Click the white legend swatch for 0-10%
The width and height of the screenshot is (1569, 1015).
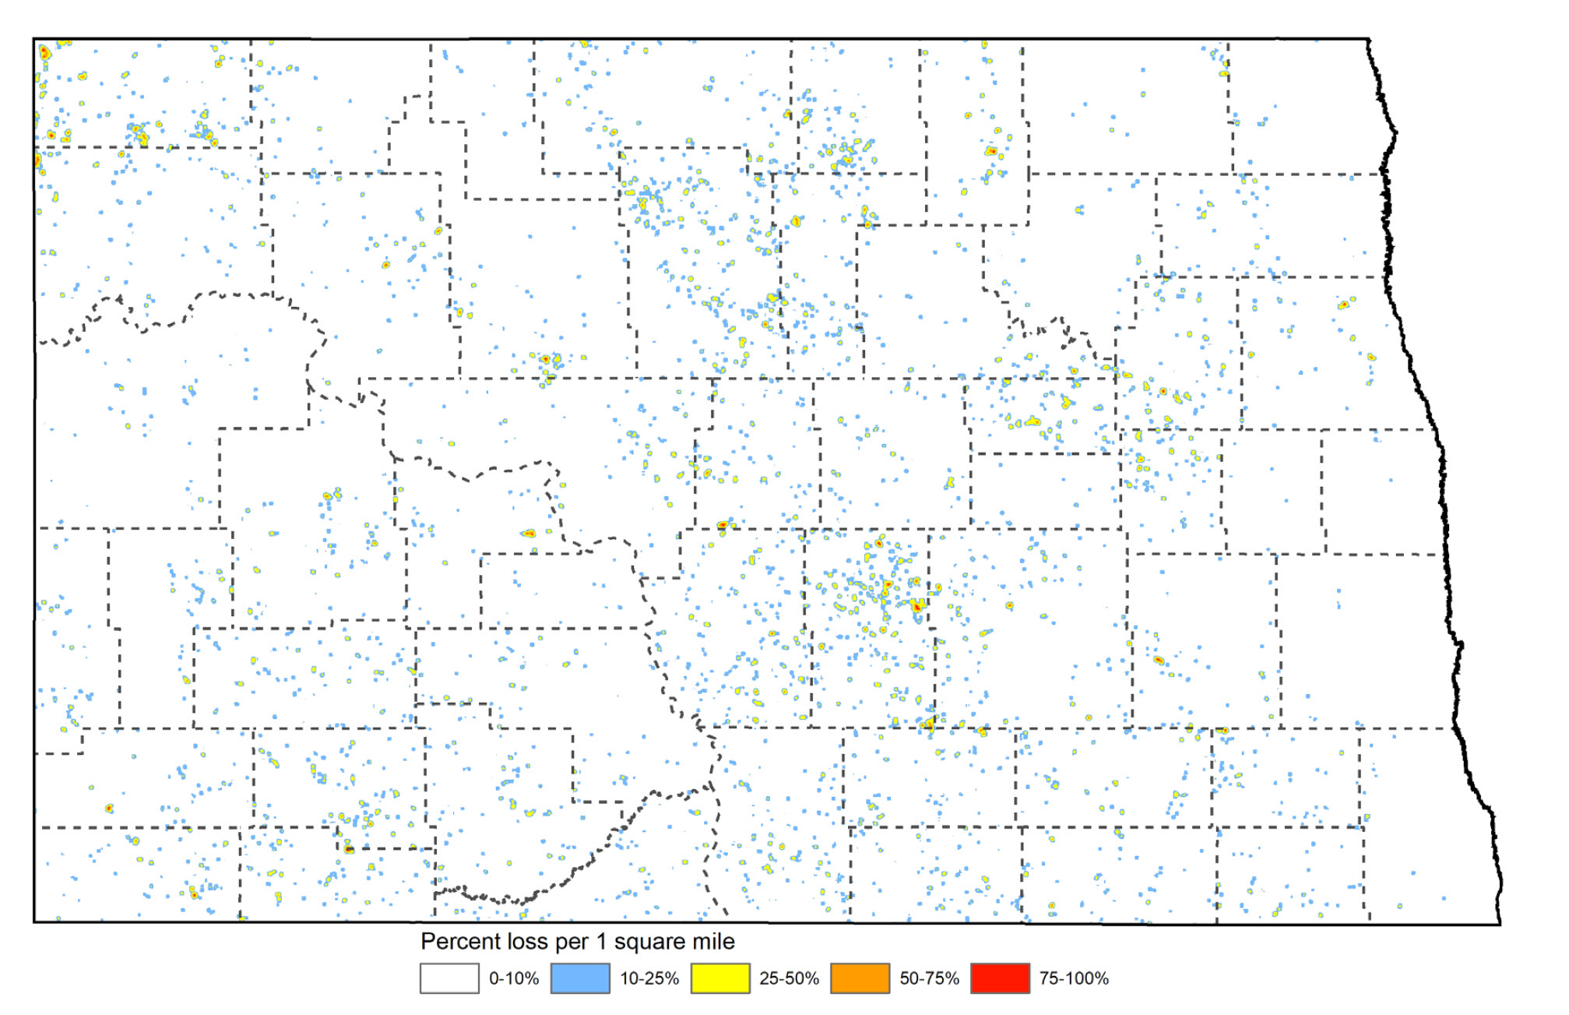pos(449,978)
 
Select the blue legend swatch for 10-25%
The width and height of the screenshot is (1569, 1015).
pos(580,978)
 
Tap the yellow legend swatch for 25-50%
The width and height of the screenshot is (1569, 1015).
pos(720,978)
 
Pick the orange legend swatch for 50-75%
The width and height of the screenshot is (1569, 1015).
pos(860,978)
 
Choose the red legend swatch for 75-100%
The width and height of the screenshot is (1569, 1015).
pos(1000,978)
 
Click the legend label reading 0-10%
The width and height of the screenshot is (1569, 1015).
pos(514,978)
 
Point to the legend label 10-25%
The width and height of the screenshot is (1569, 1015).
pos(649,978)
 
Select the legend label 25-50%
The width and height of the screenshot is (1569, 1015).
pos(789,978)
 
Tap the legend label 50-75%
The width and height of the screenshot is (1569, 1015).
pos(929,978)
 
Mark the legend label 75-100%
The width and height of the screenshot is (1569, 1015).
pos(1074,978)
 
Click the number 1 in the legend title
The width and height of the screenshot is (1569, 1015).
pos(601,942)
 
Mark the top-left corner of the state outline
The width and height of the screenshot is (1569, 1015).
pos(34,39)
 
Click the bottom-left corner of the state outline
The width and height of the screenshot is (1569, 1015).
pos(34,922)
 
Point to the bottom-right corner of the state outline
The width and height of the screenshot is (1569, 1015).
pos(1499,924)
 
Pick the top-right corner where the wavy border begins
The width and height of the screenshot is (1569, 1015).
pos(1369,39)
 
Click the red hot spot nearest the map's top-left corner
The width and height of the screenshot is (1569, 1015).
pos(44,53)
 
